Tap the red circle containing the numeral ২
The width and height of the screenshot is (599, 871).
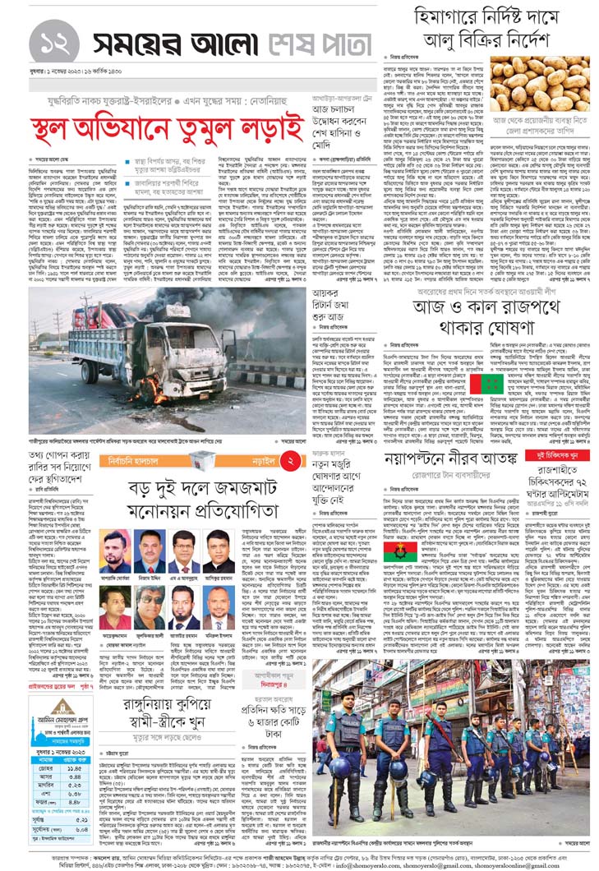(x=290, y=462)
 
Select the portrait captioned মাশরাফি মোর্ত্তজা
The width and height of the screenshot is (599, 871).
(x=115, y=551)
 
